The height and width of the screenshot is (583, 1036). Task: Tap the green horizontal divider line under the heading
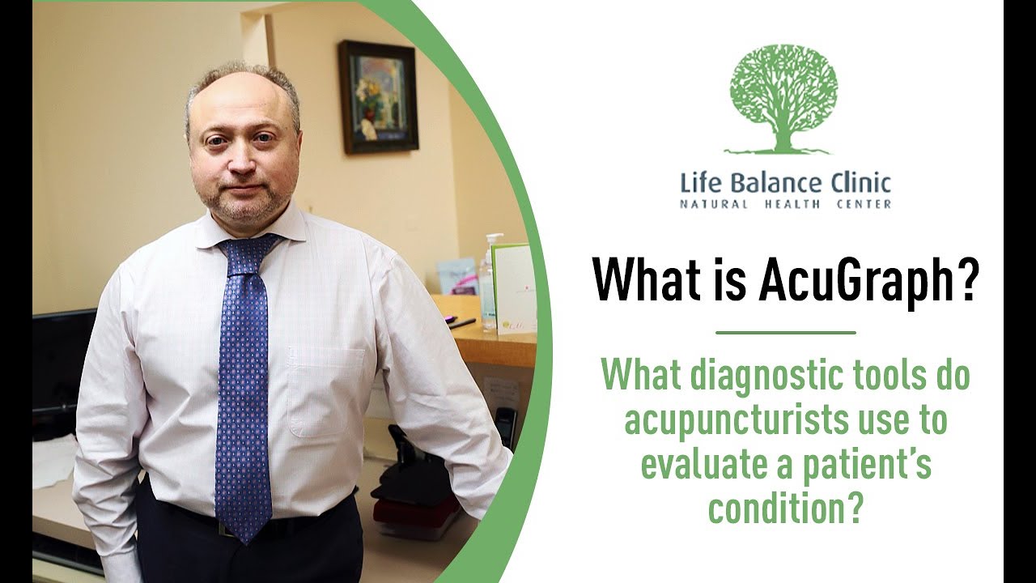click(785, 332)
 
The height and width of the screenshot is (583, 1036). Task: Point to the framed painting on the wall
click(378, 96)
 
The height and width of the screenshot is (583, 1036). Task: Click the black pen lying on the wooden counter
click(461, 324)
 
